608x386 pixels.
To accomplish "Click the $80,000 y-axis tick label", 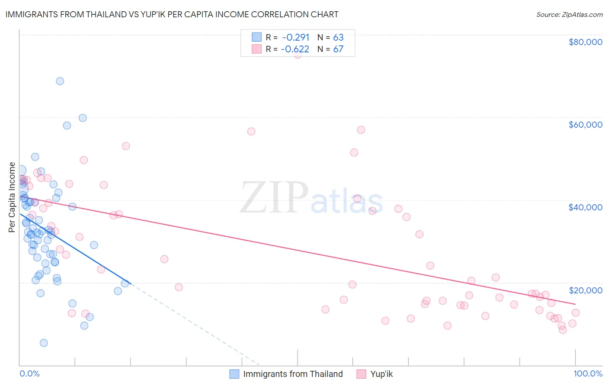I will click(585, 42).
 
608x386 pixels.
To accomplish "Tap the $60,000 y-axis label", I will click(585, 125).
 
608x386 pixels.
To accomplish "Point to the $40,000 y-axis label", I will click(585, 207).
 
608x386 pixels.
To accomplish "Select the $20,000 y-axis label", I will click(585, 290).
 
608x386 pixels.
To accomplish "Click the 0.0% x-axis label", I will click(29, 373).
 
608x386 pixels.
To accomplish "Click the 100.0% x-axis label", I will click(588, 373).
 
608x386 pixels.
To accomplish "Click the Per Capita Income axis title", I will click(12, 197).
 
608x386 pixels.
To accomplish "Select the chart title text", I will click(172, 14).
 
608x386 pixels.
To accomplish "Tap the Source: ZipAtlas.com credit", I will click(569, 14).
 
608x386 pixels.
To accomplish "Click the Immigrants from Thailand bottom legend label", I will click(293, 374).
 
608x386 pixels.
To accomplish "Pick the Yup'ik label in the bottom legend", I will click(381, 374).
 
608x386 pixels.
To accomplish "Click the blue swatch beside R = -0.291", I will click(257, 37).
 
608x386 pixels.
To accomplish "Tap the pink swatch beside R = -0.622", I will click(257, 49).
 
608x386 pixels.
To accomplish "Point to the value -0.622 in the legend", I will click(295, 49).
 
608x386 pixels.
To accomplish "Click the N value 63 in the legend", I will click(338, 37).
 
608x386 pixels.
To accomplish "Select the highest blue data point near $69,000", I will click(60, 81).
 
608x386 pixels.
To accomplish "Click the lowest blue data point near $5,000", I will click(44, 343).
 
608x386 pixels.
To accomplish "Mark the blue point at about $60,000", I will click(83, 118).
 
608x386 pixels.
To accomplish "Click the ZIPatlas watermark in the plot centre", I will click(311, 199).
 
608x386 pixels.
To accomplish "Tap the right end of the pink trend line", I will click(575, 304).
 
